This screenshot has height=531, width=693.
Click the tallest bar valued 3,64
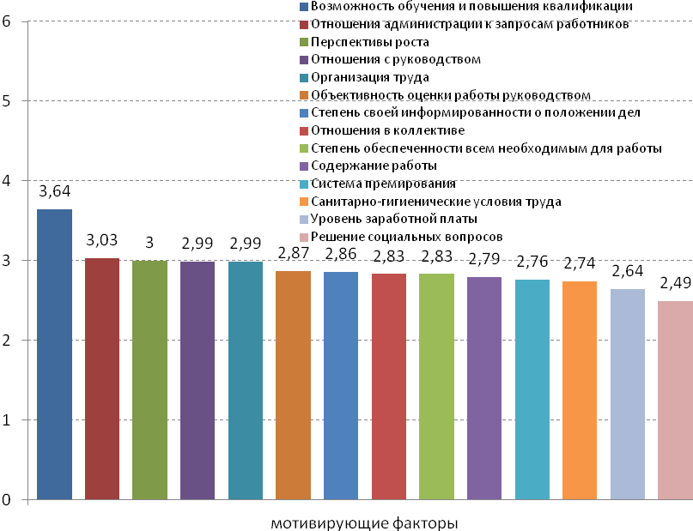click(x=54, y=353)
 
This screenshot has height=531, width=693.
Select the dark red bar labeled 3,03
click(x=102, y=378)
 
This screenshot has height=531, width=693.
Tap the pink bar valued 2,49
click(x=675, y=400)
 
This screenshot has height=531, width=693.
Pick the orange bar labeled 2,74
click(x=580, y=390)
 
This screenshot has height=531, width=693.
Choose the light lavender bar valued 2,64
click(x=627, y=394)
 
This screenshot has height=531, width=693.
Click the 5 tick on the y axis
click(x=7, y=101)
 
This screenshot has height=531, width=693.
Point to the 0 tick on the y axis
click(x=7, y=500)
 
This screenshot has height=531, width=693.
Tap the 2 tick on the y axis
click(x=7, y=341)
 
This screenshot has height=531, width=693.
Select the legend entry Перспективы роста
click(x=370, y=41)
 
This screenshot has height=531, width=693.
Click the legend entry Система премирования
click(x=384, y=184)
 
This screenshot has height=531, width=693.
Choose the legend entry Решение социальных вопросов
click(x=406, y=237)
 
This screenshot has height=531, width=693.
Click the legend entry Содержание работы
click(x=375, y=166)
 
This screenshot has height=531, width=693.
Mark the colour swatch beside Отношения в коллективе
click(x=304, y=130)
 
